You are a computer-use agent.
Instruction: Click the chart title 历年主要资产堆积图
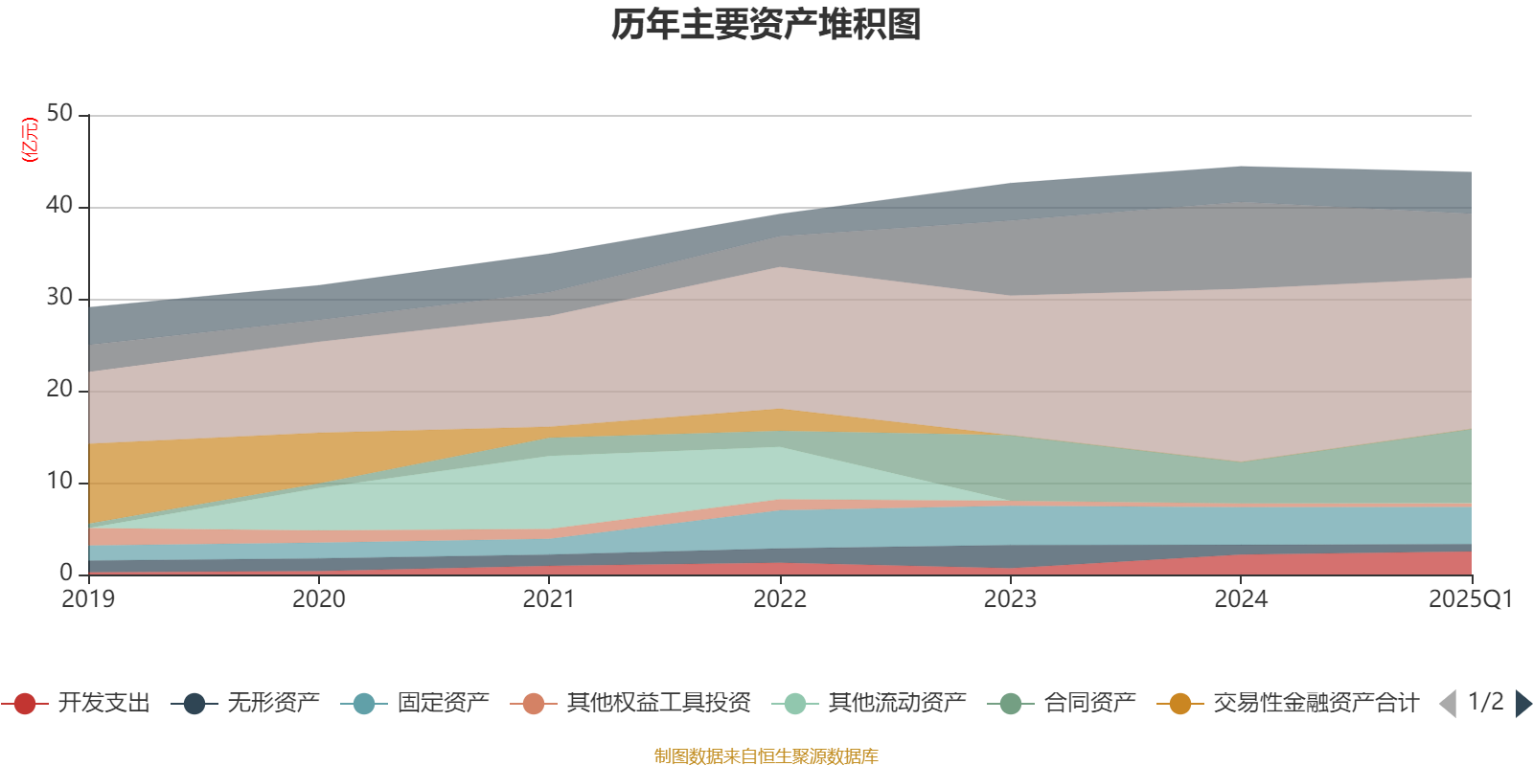coord(766,25)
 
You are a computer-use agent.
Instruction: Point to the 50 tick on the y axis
coord(59,114)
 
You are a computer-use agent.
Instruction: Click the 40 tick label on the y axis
coord(59,206)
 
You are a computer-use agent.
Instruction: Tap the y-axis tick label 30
coord(59,298)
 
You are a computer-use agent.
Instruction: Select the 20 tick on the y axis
coord(59,390)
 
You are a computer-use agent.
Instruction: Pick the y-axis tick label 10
coord(59,482)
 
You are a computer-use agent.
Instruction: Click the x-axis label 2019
coord(88,599)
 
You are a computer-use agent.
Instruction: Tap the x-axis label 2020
coord(319,599)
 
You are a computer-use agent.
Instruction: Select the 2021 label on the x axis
coord(549,599)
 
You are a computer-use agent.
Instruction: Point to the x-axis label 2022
coord(780,599)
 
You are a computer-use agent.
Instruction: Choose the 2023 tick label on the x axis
coord(1010,599)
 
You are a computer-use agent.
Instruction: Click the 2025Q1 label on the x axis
coord(1470,599)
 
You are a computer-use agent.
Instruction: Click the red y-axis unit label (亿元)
coord(30,140)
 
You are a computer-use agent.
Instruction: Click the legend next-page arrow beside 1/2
coord(1523,704)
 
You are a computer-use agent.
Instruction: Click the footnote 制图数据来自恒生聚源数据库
coord(766,756)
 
